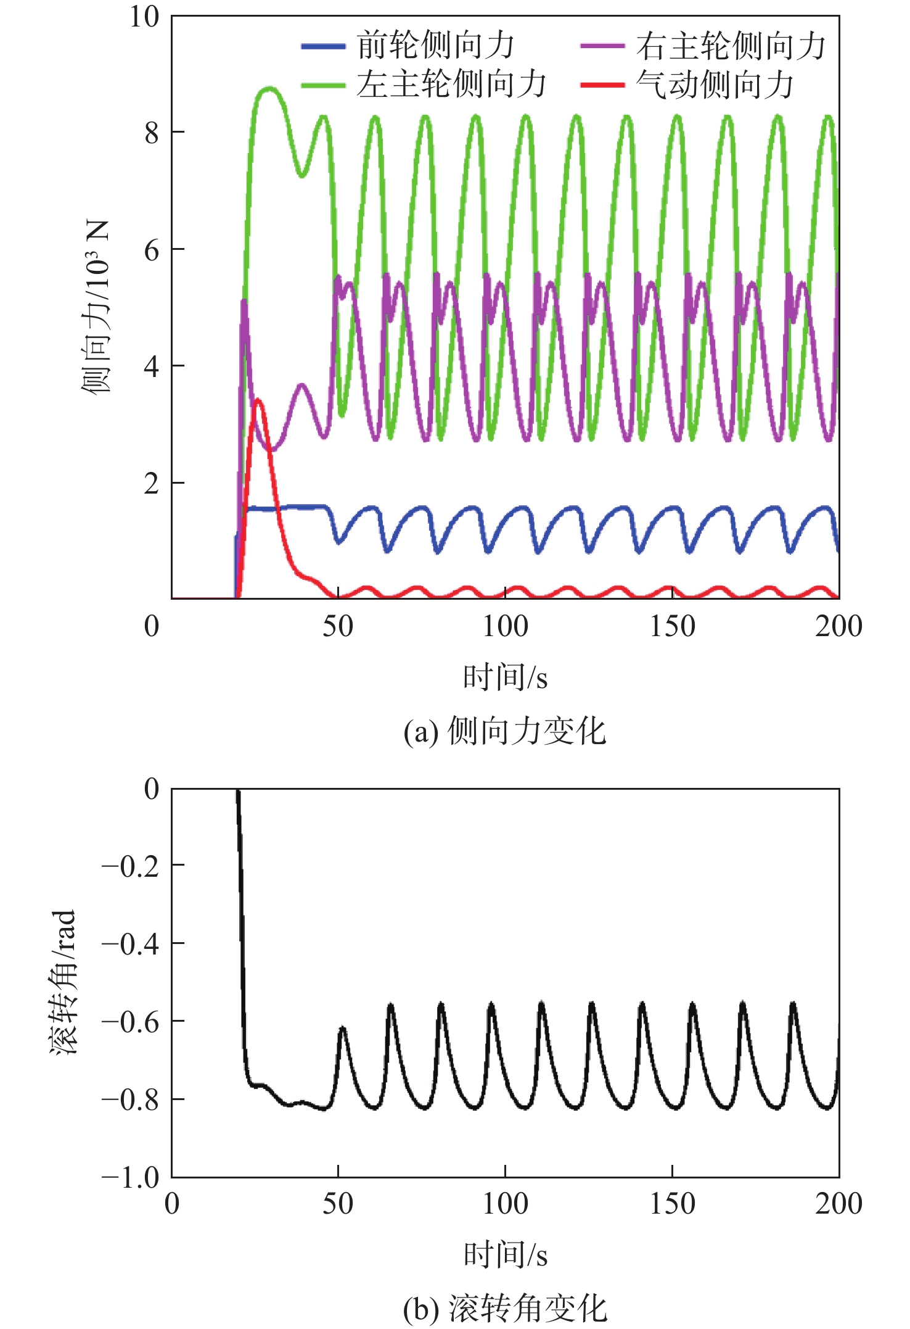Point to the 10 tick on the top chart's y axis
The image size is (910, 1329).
[144, 17]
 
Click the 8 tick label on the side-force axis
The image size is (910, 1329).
[152, 133]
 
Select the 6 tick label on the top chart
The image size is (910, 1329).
[152, 250]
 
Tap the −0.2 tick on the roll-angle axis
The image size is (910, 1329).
[131, 866]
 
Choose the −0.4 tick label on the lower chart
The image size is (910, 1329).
[131, 944]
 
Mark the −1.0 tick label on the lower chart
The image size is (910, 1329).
[131, 1177]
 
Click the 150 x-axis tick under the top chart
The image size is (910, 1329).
[672, 627]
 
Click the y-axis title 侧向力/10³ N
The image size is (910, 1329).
[96, 307]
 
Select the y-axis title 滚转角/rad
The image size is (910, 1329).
[63, 982]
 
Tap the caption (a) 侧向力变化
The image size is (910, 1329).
[505, 732]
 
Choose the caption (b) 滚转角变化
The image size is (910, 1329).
[505, 1308]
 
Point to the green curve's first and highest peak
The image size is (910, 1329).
[269, 89]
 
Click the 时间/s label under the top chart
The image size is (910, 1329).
[505, 677]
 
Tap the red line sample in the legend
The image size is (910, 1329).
[602, 85]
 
